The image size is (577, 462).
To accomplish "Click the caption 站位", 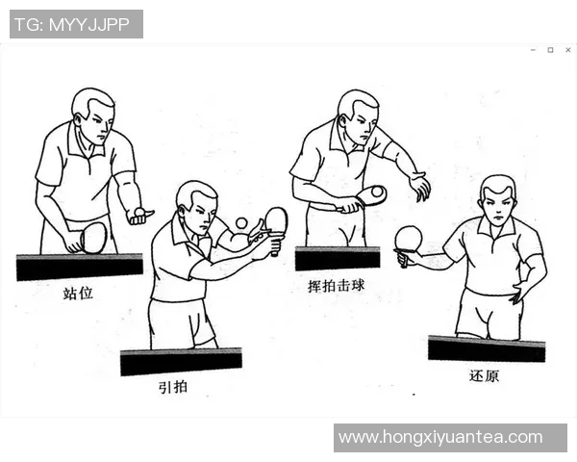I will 79,293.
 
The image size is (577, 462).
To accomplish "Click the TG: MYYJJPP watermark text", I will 76,24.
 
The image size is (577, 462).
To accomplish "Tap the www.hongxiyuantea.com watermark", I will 440,438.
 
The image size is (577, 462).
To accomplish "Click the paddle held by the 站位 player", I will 92,237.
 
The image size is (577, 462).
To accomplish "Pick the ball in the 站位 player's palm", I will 141,211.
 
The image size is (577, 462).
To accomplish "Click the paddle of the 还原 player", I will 409,239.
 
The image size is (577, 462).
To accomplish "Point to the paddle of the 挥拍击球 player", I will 371,195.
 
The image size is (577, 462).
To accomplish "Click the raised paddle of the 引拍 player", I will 276,220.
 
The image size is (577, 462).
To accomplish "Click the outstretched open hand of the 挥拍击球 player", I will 419,185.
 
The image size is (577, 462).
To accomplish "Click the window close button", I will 565,49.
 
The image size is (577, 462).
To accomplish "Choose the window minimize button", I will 533,49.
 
